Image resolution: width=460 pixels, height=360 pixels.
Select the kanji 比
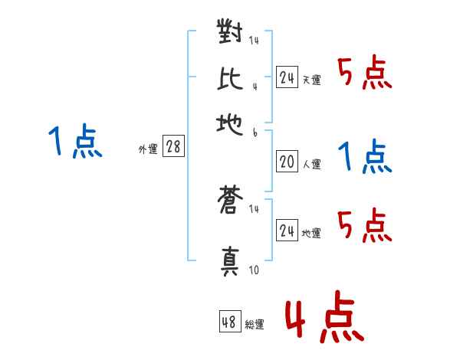pos(231,78)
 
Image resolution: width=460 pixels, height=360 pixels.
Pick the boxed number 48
pos(229,322)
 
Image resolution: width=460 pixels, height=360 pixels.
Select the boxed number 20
pos(287,162)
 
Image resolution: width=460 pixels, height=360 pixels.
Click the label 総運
pos(254,325)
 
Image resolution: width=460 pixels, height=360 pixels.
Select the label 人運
pos(312,163)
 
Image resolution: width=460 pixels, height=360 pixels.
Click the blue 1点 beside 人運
pos(365,157)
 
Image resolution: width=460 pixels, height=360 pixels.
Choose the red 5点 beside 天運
pos(365,74)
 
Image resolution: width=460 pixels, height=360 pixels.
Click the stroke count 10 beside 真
pos(255,270)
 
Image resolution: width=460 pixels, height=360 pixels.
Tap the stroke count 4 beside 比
pos(254,86)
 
